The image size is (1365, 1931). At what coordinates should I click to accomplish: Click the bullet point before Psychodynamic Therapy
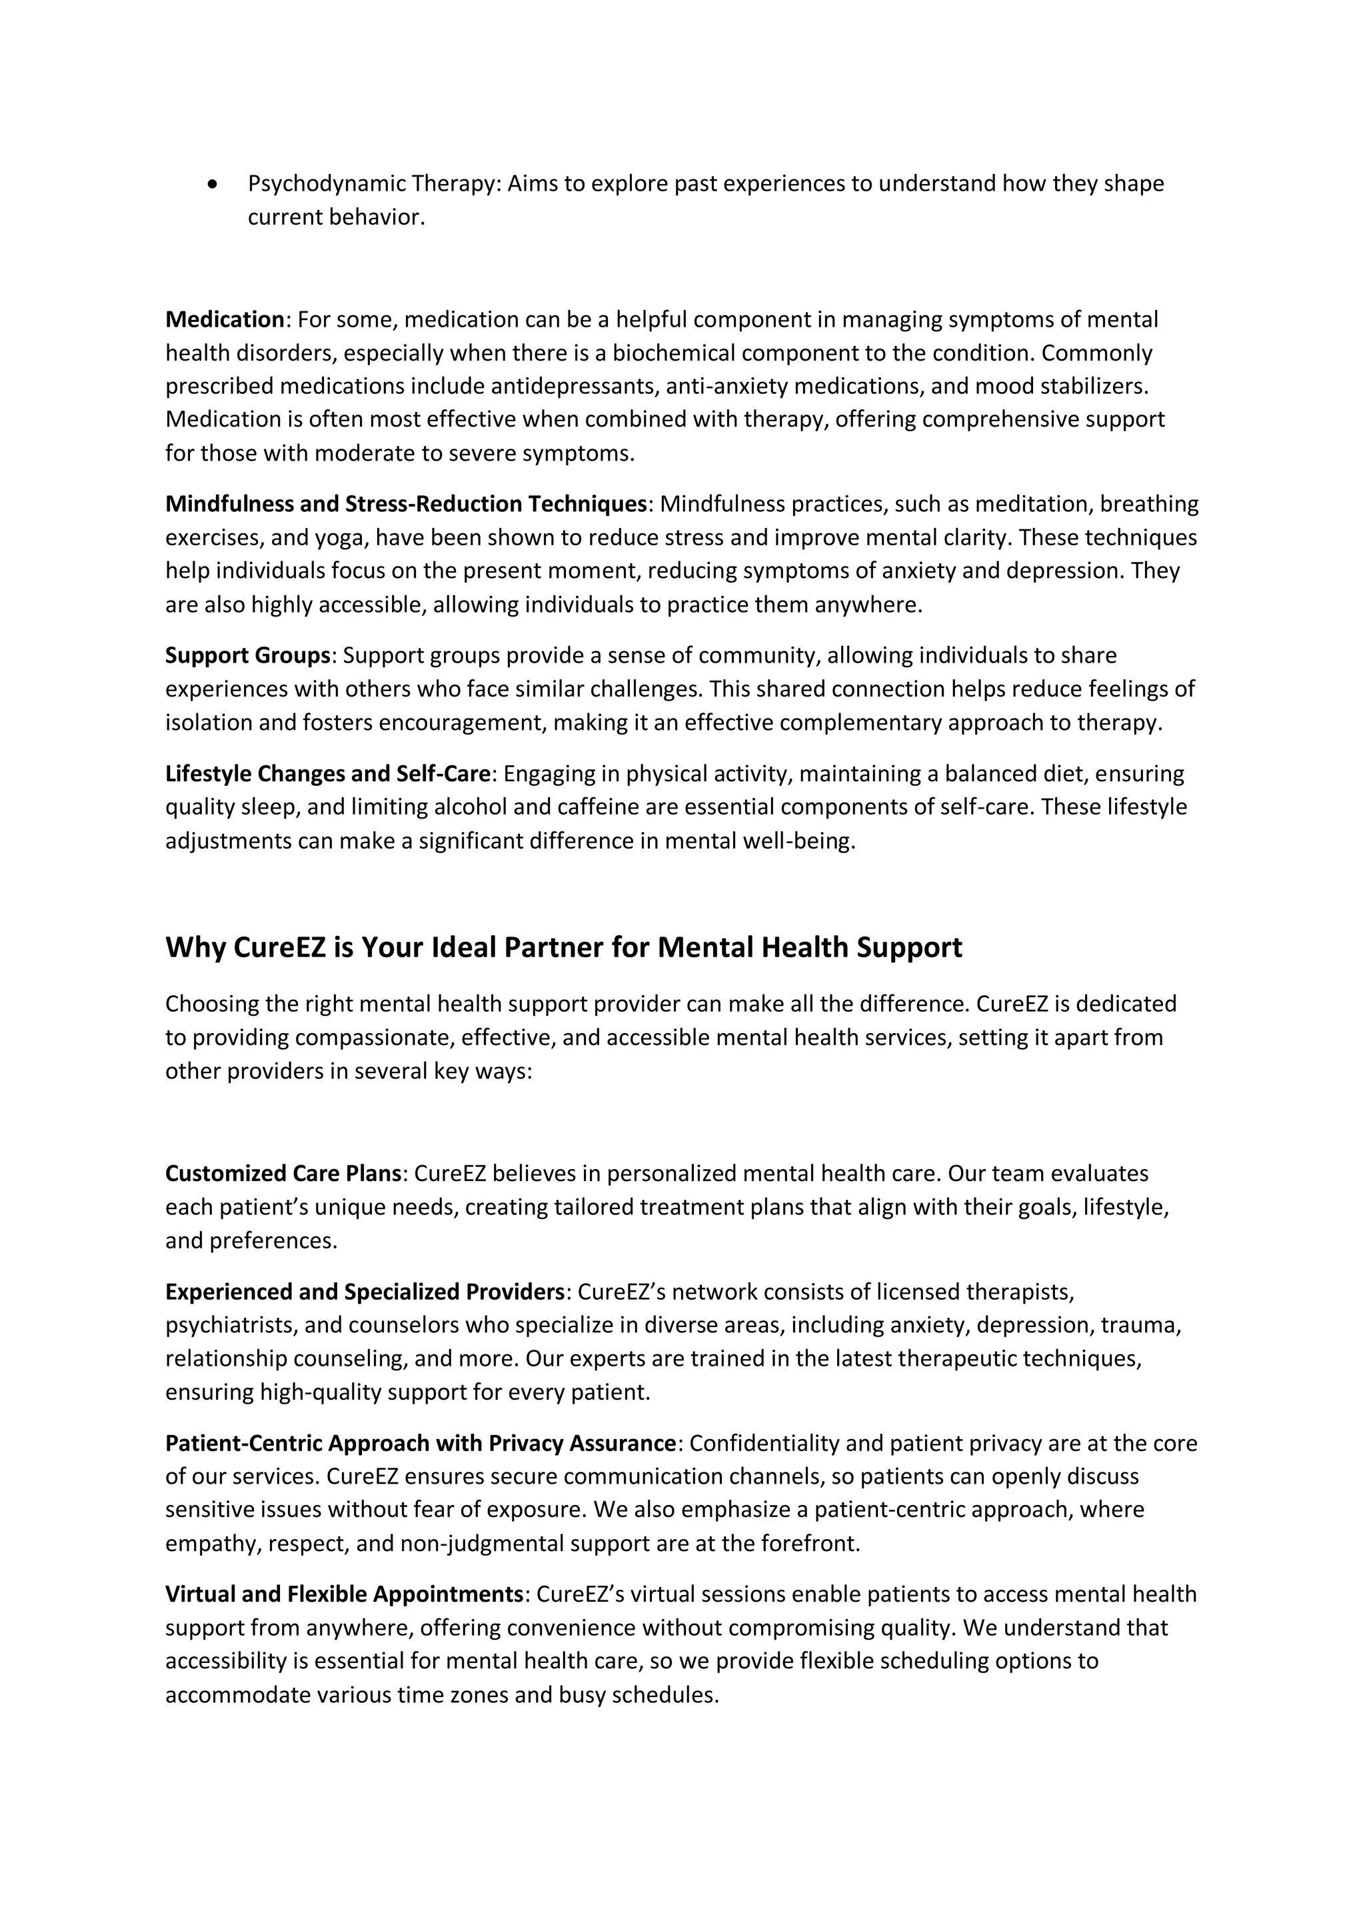pos(213,184)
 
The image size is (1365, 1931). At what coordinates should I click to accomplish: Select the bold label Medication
pos(225,319)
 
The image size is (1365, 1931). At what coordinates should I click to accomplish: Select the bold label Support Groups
pos(247,655)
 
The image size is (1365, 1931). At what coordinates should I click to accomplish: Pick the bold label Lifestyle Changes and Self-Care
pos(328,774)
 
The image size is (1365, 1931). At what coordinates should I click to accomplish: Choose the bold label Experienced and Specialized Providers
pos(364,1291)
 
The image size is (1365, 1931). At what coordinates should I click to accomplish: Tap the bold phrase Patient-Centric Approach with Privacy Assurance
pos(421,1443)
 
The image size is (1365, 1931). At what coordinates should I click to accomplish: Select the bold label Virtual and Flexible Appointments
pos(344,1594)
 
